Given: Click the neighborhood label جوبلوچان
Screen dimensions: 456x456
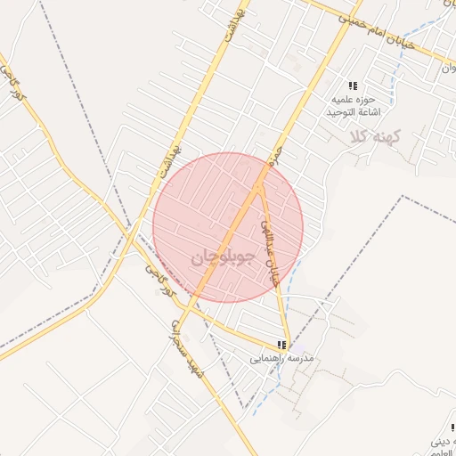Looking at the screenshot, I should [x=223, y=257].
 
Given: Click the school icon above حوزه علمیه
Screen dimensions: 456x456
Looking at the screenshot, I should [x=354, y=86].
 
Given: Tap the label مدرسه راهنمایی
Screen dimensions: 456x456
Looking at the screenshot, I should [x=282, y=360].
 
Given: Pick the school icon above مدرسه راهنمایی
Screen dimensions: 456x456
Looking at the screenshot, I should [x=282, y=345].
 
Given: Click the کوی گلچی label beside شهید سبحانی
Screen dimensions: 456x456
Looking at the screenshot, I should [x=159, y=277].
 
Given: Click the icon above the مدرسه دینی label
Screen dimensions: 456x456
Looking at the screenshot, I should [x=453, y=427].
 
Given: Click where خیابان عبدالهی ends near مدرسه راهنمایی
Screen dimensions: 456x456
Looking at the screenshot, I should [x=289, y=343].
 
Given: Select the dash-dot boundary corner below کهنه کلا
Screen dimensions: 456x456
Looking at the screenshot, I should [x=403, y=196].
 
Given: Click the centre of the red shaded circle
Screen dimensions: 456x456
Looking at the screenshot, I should [x=228, y=227].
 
